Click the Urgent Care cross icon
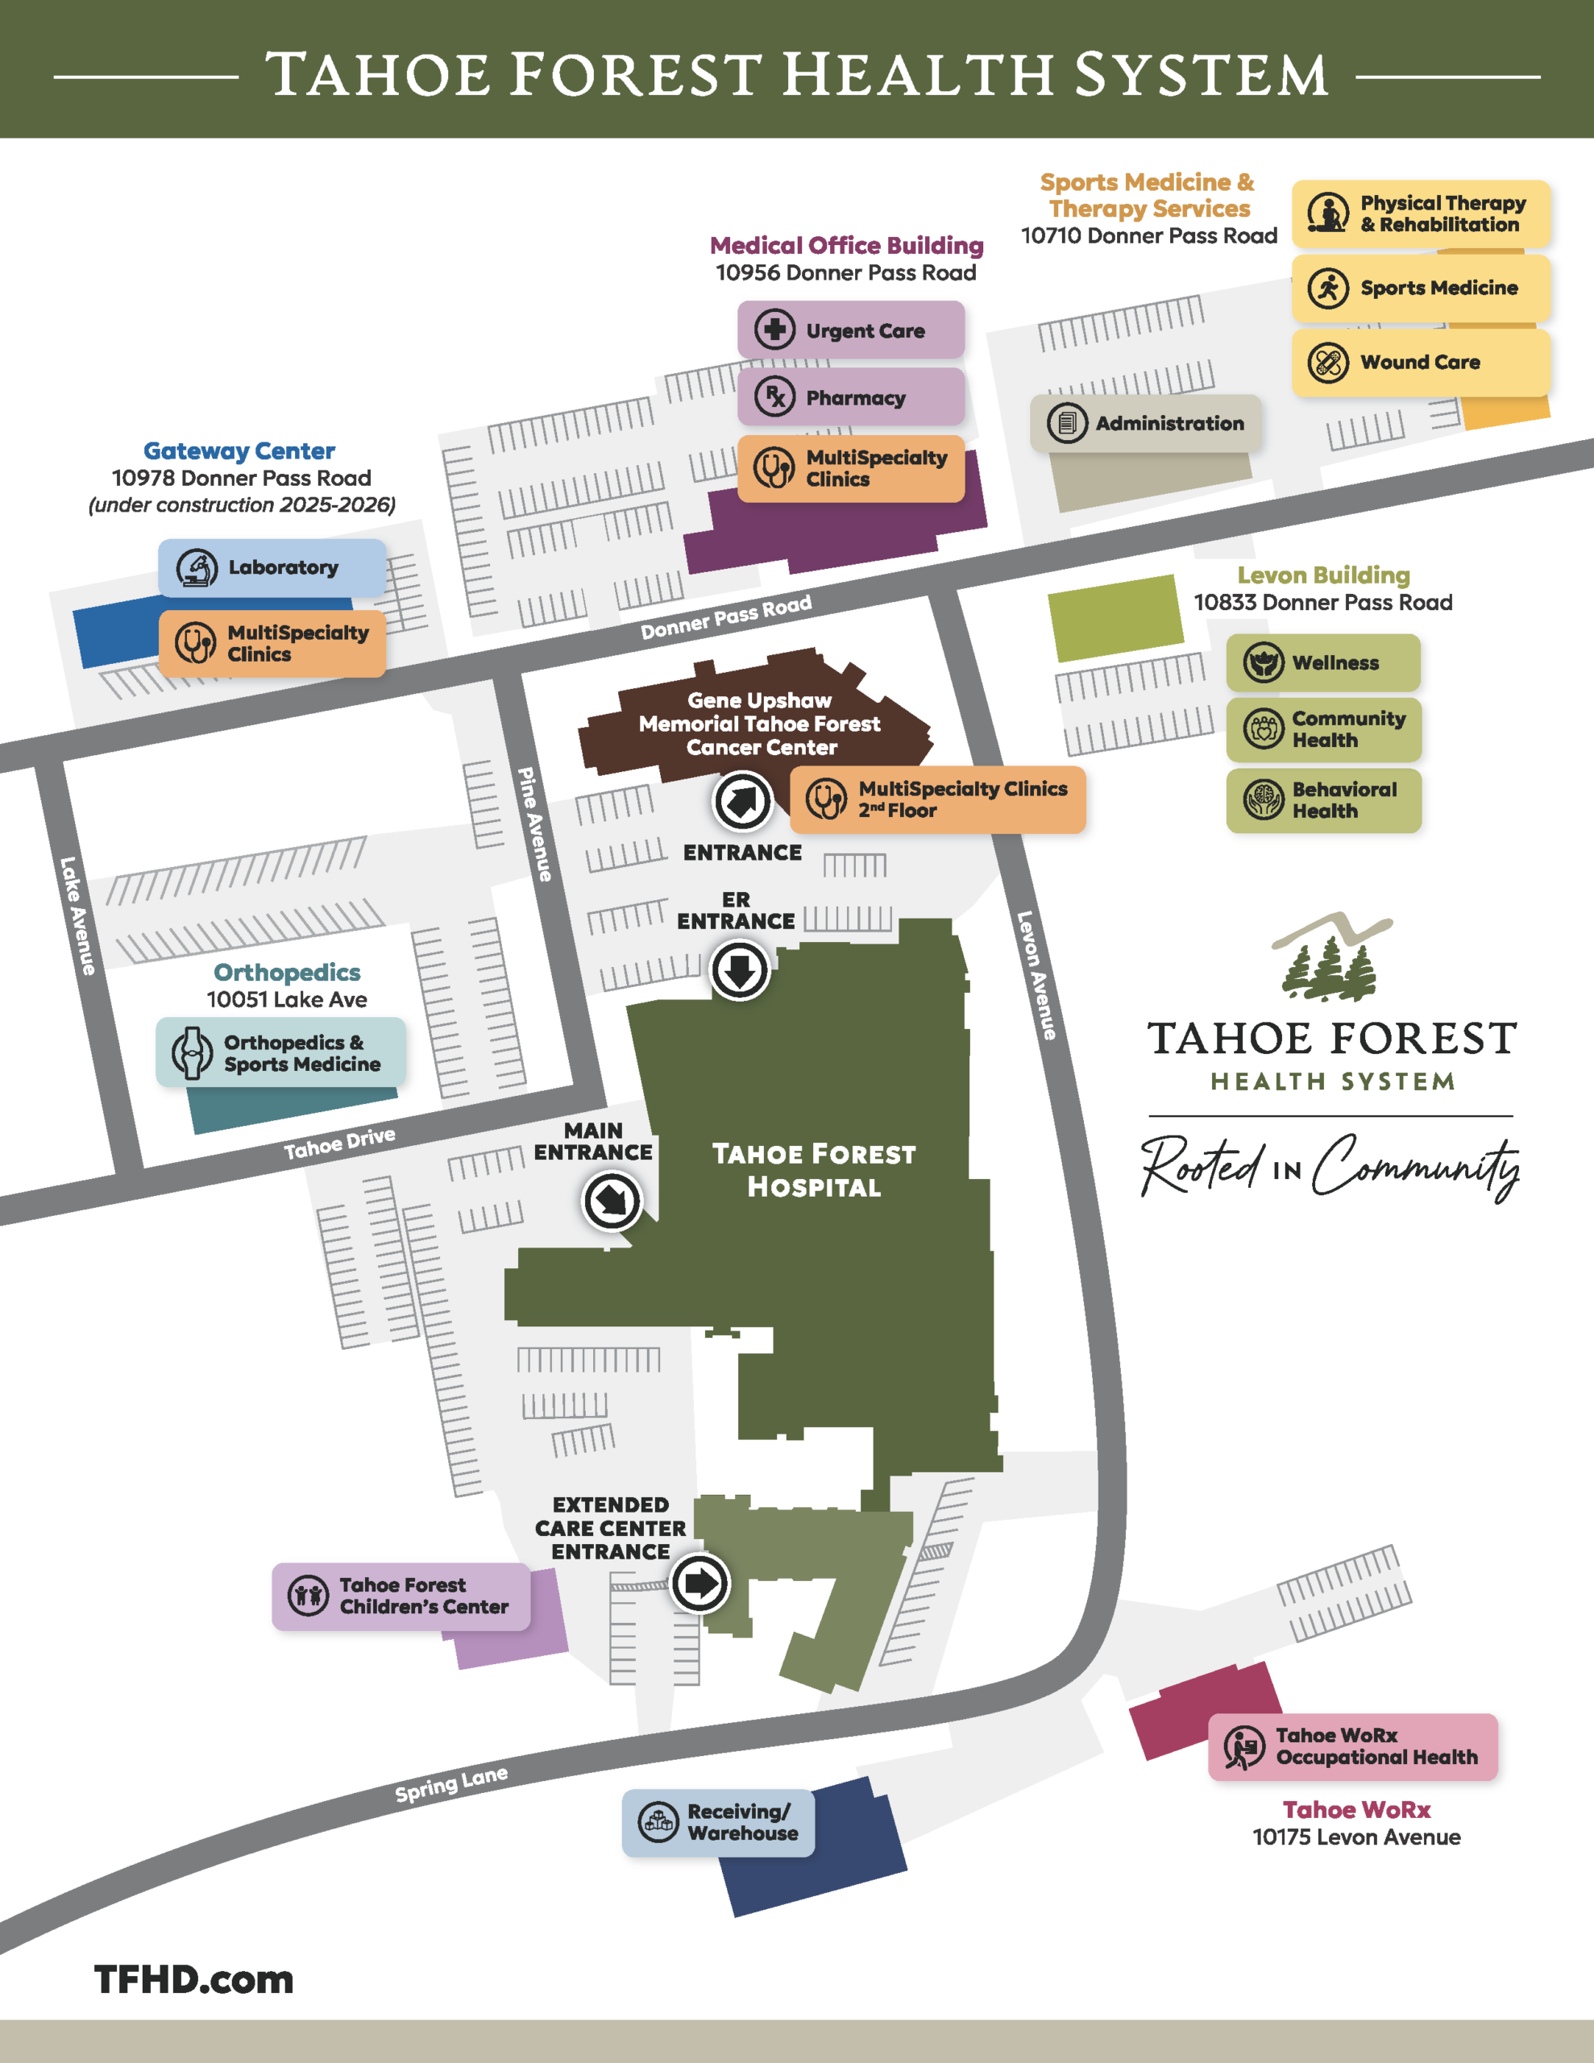click(x=774, y=330)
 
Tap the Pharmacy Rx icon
click(x=774, y=396)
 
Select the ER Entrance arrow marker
click(x=739, y=970)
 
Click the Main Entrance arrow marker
click(x=612, y=1202)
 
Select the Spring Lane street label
click(x=450, y=1783)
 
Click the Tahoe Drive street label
click(x=339, y=1143)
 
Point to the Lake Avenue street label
click(x=77, y=915)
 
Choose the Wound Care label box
click(x=1420, y=363)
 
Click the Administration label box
click(x=1145, y=423)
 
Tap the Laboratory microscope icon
click(x=197, y=567)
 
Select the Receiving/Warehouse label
click(x=718, y=1822)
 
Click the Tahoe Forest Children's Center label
click(x=401, y=1596)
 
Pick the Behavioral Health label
click(x=1322, y=800)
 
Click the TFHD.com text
click(x=193, y=1979)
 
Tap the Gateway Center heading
click(x=239, y=450)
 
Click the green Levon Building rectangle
click(x=1115, y=618)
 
